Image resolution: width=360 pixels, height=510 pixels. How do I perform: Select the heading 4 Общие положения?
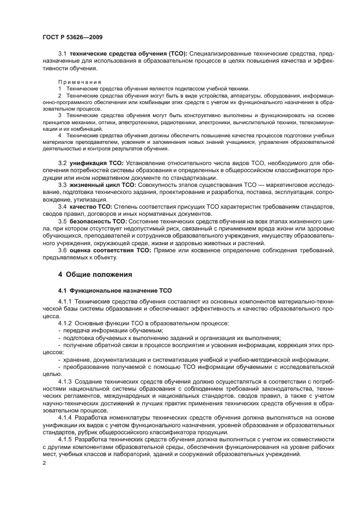[x=95, y=274]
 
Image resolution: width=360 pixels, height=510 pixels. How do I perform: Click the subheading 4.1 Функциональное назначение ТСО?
[x=115, y=290]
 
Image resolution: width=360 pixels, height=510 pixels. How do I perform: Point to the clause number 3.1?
[x=62, y=53]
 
